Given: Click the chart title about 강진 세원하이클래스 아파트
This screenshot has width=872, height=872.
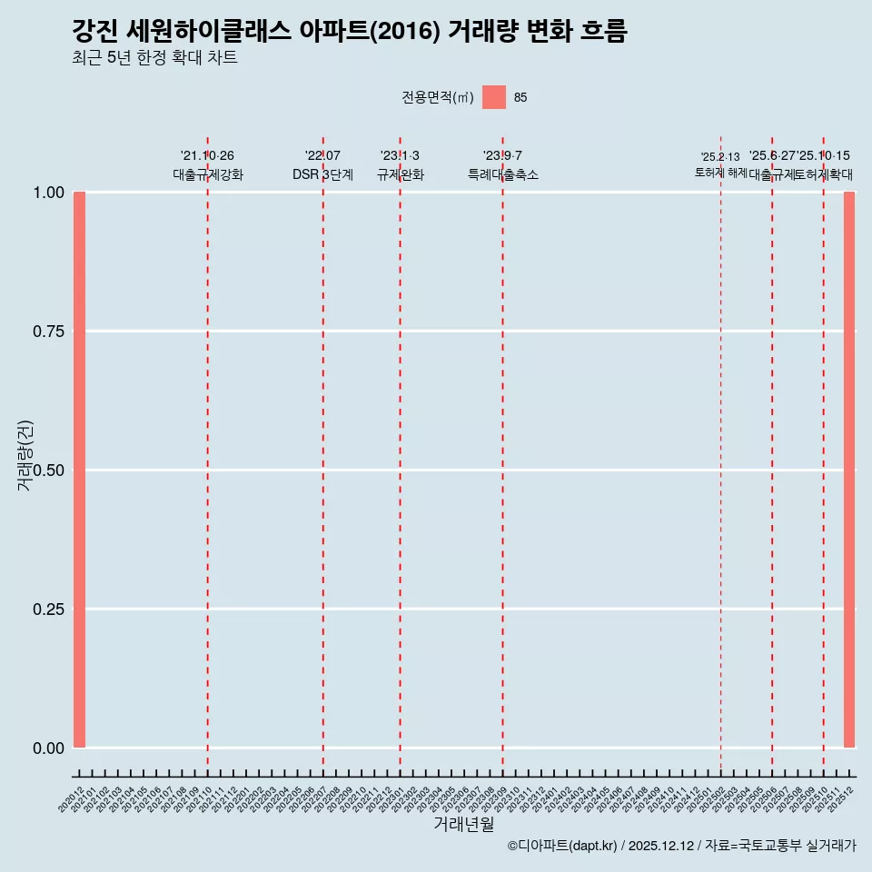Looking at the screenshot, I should coord(349,31).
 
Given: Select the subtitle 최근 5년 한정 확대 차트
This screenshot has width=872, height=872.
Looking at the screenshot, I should coord(154,58).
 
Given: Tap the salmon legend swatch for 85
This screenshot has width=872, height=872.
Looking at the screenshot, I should coord(493,97).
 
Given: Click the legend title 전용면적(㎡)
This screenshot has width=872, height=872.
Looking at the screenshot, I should coord(437,98).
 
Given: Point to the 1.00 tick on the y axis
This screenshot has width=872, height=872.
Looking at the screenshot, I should coord(48,193).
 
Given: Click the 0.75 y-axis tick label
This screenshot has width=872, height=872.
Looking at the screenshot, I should coord(48,332).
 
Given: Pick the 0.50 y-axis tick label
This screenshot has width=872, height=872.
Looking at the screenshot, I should coord(48,470).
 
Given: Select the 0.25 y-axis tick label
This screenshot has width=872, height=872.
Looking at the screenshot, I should coord(48,609).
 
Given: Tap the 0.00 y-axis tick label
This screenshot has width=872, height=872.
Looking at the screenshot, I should coord(48,748).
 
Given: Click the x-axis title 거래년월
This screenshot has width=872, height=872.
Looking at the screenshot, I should coord(463,824).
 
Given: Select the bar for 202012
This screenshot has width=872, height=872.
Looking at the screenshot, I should coord(79,470).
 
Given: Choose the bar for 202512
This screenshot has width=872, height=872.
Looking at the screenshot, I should coord(849,470).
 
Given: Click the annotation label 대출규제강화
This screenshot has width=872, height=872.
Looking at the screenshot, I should coord(208,174).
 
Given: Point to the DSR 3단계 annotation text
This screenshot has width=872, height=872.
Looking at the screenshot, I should coord(322,174).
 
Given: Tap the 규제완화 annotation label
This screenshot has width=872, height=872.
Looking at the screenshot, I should coord(400,174).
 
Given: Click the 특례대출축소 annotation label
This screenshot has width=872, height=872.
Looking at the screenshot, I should coord(502,174).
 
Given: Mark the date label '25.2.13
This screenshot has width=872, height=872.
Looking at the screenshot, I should coord(720,157).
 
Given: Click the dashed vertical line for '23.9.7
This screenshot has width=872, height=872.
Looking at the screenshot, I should coord(502,454).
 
